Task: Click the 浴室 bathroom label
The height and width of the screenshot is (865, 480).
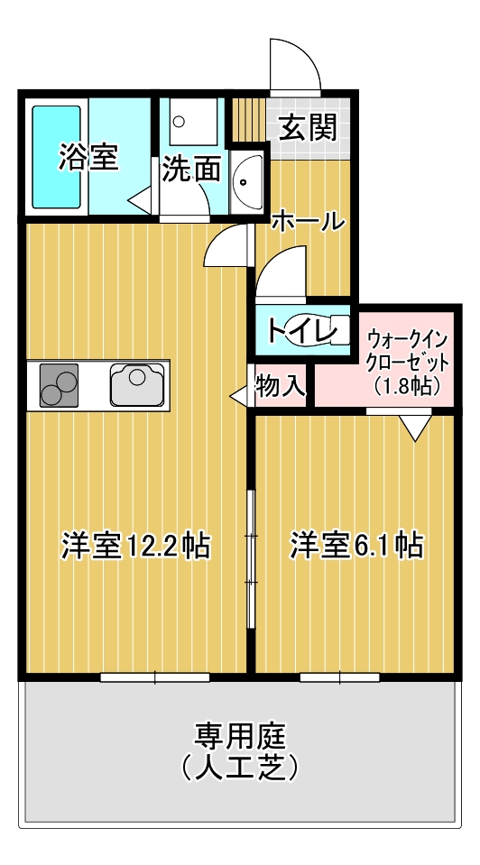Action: [88, 157]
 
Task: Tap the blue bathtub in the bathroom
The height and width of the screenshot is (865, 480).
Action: [57, 155]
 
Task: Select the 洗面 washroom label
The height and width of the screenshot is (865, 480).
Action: [191, 170]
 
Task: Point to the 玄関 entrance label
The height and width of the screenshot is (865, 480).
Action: [306, 129]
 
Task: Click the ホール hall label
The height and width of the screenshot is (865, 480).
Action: [307, 219]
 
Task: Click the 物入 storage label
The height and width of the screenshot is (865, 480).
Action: [281, 387]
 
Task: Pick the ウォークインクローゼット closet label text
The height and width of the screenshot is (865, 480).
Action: [406, 353]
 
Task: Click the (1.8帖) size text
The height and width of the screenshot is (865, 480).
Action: [406, 386]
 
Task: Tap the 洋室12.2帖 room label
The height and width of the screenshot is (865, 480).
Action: [136, 545]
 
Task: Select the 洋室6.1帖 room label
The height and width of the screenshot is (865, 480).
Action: [356, 545]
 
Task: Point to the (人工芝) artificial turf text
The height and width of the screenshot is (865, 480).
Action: [239, 768]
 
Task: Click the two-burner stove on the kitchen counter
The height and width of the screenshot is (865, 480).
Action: [58, 386]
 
